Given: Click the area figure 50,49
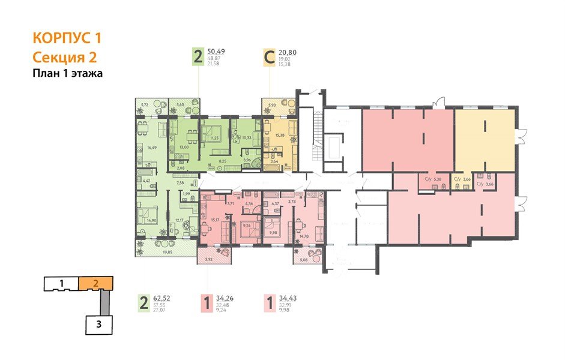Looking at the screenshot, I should click(217, 52).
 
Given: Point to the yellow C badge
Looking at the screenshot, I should click(270, 58).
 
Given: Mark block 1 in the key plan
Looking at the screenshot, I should click(61, 282).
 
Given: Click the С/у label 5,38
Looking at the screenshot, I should click(434, 179).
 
